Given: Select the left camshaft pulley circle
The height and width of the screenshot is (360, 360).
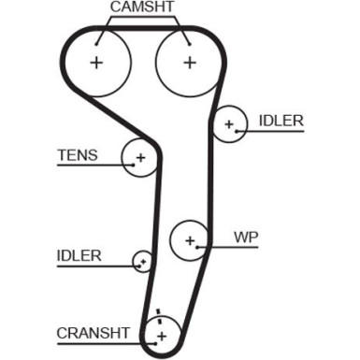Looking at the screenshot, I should [96, 63].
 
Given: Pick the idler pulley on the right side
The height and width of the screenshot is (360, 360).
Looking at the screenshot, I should [227, 124].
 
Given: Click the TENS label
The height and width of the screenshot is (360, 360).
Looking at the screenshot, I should [77, 154].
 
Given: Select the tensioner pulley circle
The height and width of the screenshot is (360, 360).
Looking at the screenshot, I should [139, 158].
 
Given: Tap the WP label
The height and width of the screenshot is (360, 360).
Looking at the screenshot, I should [245, 237].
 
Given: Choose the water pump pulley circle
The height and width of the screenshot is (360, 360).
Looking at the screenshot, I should [190, 239].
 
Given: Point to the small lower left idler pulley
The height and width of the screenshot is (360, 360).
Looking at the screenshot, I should [143, 261].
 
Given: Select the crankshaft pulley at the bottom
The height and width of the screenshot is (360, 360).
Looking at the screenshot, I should [161, 334].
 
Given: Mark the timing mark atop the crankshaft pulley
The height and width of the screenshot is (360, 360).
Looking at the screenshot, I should [158, 312].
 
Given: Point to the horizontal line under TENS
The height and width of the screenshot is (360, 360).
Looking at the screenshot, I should [89, 166].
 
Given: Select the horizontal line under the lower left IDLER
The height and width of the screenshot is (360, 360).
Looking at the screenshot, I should [94, 266].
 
